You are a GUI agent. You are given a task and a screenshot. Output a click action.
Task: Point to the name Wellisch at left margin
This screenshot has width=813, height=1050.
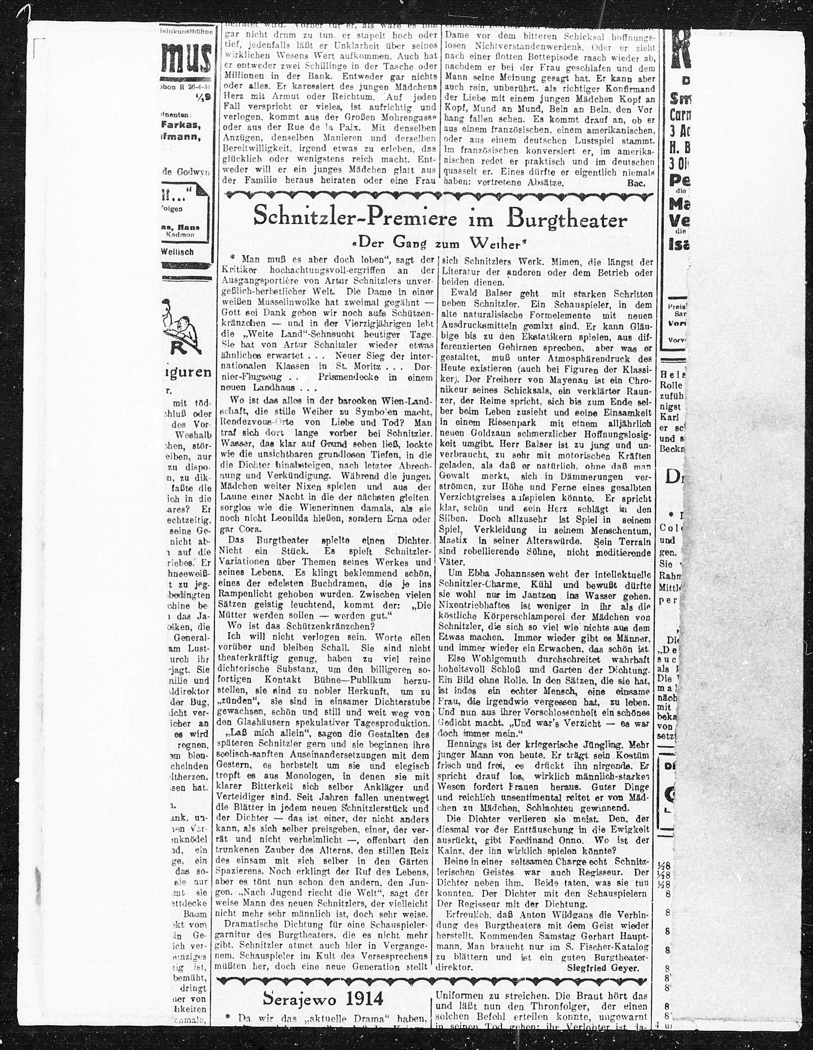click(x=177, y=252)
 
